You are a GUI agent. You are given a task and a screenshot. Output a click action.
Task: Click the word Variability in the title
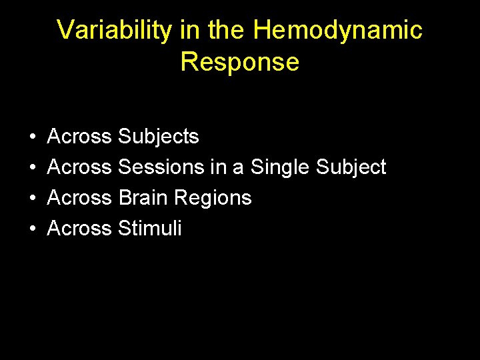click(113, 31)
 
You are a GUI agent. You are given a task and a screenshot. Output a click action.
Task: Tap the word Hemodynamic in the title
click(338, 31)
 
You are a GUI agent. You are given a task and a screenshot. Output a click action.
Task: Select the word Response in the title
click(239, 62)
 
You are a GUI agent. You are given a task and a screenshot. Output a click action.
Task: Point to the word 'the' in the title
click(225, 31)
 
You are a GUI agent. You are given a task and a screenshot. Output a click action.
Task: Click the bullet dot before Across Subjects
click(32, 137)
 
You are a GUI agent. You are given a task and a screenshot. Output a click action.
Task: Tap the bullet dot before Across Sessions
click(32, 168)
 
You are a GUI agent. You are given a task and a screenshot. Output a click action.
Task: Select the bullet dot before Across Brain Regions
click(32, 199)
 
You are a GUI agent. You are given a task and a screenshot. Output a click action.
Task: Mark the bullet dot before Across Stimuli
click(32, 229)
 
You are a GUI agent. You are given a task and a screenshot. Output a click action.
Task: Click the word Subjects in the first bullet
click(158, 137)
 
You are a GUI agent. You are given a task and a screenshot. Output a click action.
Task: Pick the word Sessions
click(161, 167)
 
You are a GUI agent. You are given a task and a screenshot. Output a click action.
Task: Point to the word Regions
click(213, 198)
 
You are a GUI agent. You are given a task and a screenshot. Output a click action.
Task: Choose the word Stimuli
click(149, 229)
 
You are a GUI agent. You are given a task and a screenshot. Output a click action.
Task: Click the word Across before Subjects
click(79, 137)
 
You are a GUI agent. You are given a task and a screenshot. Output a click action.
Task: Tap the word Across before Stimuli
click(79, 229)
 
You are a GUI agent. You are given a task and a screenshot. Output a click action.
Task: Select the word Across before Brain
click(79, 198)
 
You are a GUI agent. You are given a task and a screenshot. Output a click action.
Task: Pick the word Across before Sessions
click(79, 167)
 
